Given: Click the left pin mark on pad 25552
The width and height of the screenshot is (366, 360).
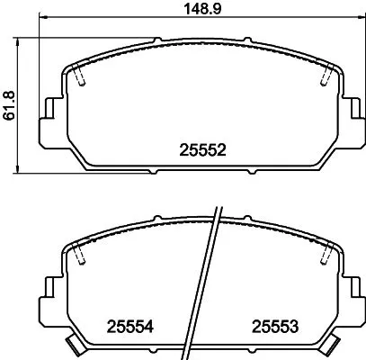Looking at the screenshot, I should (x=81, y=78).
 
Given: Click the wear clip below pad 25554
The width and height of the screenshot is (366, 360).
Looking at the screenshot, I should (x=74, y=346).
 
